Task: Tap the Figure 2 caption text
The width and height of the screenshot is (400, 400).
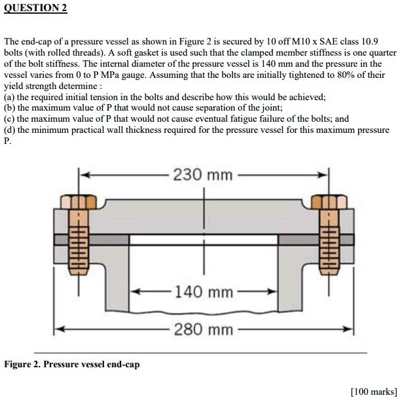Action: [72, 363]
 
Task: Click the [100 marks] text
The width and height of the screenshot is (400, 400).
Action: [373, 391]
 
